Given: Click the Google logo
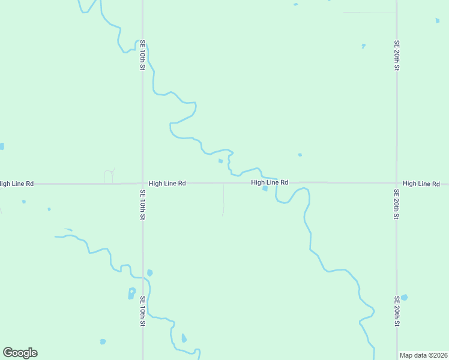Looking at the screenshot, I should (x=20, y=353).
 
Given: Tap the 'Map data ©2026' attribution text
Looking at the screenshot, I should (x=424, y=355).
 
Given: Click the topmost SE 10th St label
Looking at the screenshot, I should (x=143, y=55).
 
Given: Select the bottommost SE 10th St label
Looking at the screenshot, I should (x=143, y=311).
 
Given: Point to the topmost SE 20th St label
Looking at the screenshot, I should (x=397, y=55).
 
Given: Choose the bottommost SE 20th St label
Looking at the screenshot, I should (x=397, y=311).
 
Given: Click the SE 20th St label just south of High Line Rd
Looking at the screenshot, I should (x=397, y=205).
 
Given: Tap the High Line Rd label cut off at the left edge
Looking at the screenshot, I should (x=17, y=183).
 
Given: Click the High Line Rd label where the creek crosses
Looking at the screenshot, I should (x=270, y=182).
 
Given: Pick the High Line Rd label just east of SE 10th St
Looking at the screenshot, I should (x=167, y=183).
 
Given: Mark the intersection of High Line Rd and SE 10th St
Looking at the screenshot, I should (x=143, y=183).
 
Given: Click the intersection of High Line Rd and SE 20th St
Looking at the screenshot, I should (x=397, y=182).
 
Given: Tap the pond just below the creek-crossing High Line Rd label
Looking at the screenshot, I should (x=265, y=189).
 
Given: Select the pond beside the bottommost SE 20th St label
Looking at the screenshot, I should (x=405, y=298).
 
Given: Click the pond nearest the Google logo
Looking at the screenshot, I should (x=103, y=341).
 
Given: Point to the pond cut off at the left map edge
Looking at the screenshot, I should (x=2, y=146).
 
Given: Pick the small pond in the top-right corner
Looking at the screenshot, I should (x=437, y=20).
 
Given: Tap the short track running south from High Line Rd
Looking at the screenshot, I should (x=223, y=199).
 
